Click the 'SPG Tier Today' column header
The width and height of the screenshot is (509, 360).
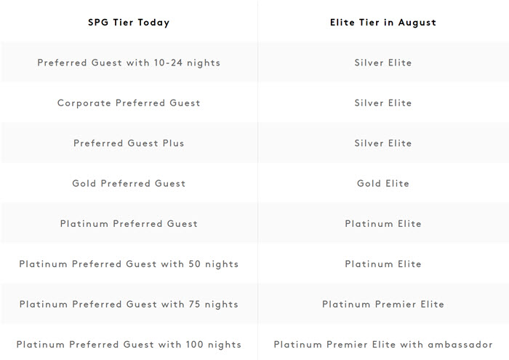(x=129, y=23)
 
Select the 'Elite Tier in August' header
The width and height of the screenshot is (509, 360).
(x=383, y=23)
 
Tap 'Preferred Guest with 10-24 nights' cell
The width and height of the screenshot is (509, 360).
(x=129, y=63)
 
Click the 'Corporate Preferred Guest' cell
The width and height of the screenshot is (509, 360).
(x=129, y=103)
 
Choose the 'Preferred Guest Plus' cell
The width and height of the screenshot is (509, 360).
(x=129, y=143)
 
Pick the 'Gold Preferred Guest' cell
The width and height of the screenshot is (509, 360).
(x=129, y=183)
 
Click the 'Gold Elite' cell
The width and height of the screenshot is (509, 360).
(x=383, y=183)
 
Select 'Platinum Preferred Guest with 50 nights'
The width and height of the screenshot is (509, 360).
(x=129, y=264)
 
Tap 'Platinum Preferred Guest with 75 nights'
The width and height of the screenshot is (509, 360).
(x=129, y=304)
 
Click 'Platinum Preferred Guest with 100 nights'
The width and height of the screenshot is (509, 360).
(x=129, y=345)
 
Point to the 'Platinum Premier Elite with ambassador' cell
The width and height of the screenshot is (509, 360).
(x=383, y=345)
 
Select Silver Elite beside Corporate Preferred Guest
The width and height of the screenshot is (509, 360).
(x=383, y=103)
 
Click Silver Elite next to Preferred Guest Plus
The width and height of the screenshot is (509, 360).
(x=383, y=143)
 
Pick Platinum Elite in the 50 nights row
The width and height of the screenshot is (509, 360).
(x=383, y=264)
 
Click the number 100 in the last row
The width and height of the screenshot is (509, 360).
(x=194, y=345)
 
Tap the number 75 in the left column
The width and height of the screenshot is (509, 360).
(x=194, y=304)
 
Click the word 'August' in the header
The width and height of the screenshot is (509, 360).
(x=417, y=23)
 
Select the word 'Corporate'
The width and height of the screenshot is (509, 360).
(x=84, y=103)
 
